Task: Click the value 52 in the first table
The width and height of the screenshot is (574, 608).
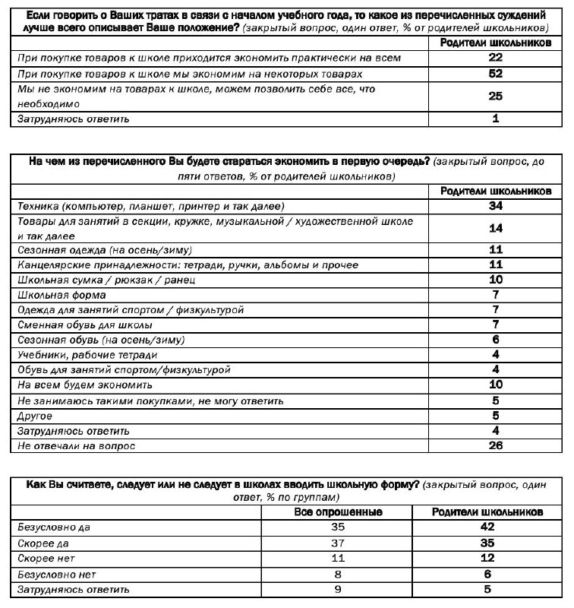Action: click(495, 74)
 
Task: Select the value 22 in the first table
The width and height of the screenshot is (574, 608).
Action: click(495, 58)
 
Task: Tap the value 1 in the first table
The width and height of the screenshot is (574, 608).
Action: click(495, 119)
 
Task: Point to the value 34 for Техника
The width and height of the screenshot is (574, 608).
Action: click(495, 206)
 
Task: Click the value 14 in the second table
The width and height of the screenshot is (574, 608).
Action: click(495, 228)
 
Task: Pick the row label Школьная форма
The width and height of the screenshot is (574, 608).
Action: click(61, 295)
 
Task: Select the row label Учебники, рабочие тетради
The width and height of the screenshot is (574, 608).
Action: click(87, 355)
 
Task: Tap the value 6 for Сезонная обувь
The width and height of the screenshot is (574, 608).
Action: click(495, 340)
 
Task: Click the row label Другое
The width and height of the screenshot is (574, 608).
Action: click(34, 416)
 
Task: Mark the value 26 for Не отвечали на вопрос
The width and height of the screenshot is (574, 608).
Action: click(495, 445)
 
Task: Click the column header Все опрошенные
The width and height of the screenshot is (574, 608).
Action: click(338, 511)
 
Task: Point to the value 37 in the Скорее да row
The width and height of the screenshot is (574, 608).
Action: click(338, 543)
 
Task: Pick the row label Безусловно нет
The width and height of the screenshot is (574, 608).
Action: click(55, 574)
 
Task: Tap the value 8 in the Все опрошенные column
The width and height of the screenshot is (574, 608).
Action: click(338, 574)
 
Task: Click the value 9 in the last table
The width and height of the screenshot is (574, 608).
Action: click(338, 589)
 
